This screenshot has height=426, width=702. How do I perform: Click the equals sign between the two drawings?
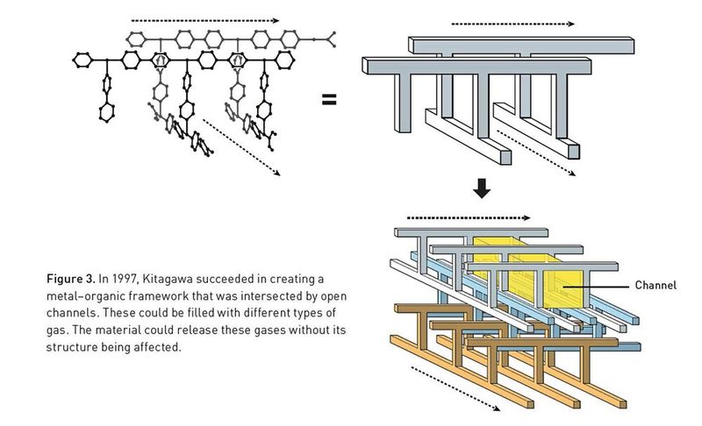[329, 99]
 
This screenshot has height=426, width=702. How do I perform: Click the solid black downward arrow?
[480, 188]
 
